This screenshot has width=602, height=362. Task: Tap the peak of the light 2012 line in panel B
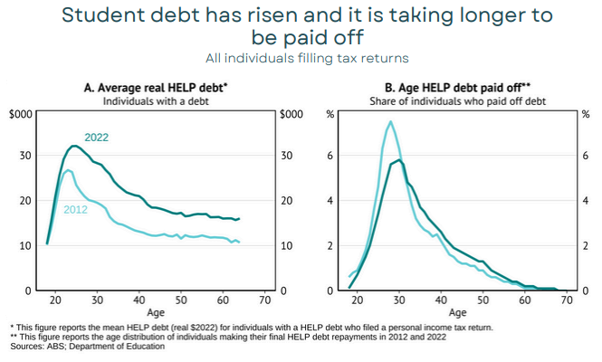click(390, 121)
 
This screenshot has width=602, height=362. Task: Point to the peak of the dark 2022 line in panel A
click(75, 146)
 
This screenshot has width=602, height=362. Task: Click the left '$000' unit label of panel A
click(23, 113)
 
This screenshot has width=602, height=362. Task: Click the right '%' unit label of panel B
click(585, 113)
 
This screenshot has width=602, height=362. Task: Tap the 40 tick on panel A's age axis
click(139, 300)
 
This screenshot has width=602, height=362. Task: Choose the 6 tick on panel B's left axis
click(331, 156)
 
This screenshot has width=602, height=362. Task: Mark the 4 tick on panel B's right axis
click(585, 201)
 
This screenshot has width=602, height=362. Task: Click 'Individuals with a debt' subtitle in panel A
click(160, 100)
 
